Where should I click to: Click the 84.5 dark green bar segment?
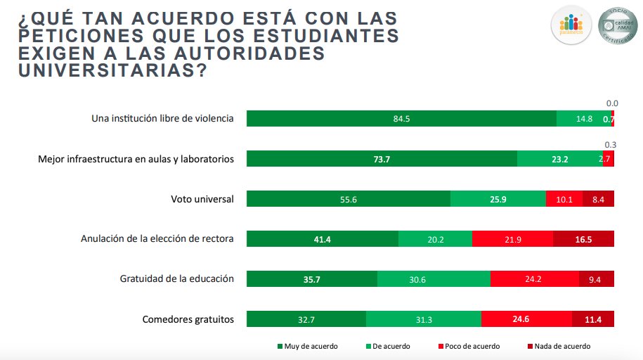click(401, 119)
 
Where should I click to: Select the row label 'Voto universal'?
click(202, 199)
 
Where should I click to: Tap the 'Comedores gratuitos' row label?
click(188, 319)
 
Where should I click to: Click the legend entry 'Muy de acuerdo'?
click(307, 346)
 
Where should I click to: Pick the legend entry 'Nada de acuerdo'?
click(558, 346)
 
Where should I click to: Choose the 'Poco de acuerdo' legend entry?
click(468, 346)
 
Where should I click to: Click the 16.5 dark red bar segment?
click(583, 239)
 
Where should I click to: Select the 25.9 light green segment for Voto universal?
click(498, 199)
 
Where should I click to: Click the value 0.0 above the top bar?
click(611, 103)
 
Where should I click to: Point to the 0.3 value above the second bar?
click(610, 145)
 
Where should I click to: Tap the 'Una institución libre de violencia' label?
click(162, 119)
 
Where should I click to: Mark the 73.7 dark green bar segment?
click(382, 159)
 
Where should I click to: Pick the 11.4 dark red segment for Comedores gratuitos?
click(593, 319)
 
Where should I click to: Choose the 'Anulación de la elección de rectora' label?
click(157, 239)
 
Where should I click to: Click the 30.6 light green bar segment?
click(434, 279)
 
